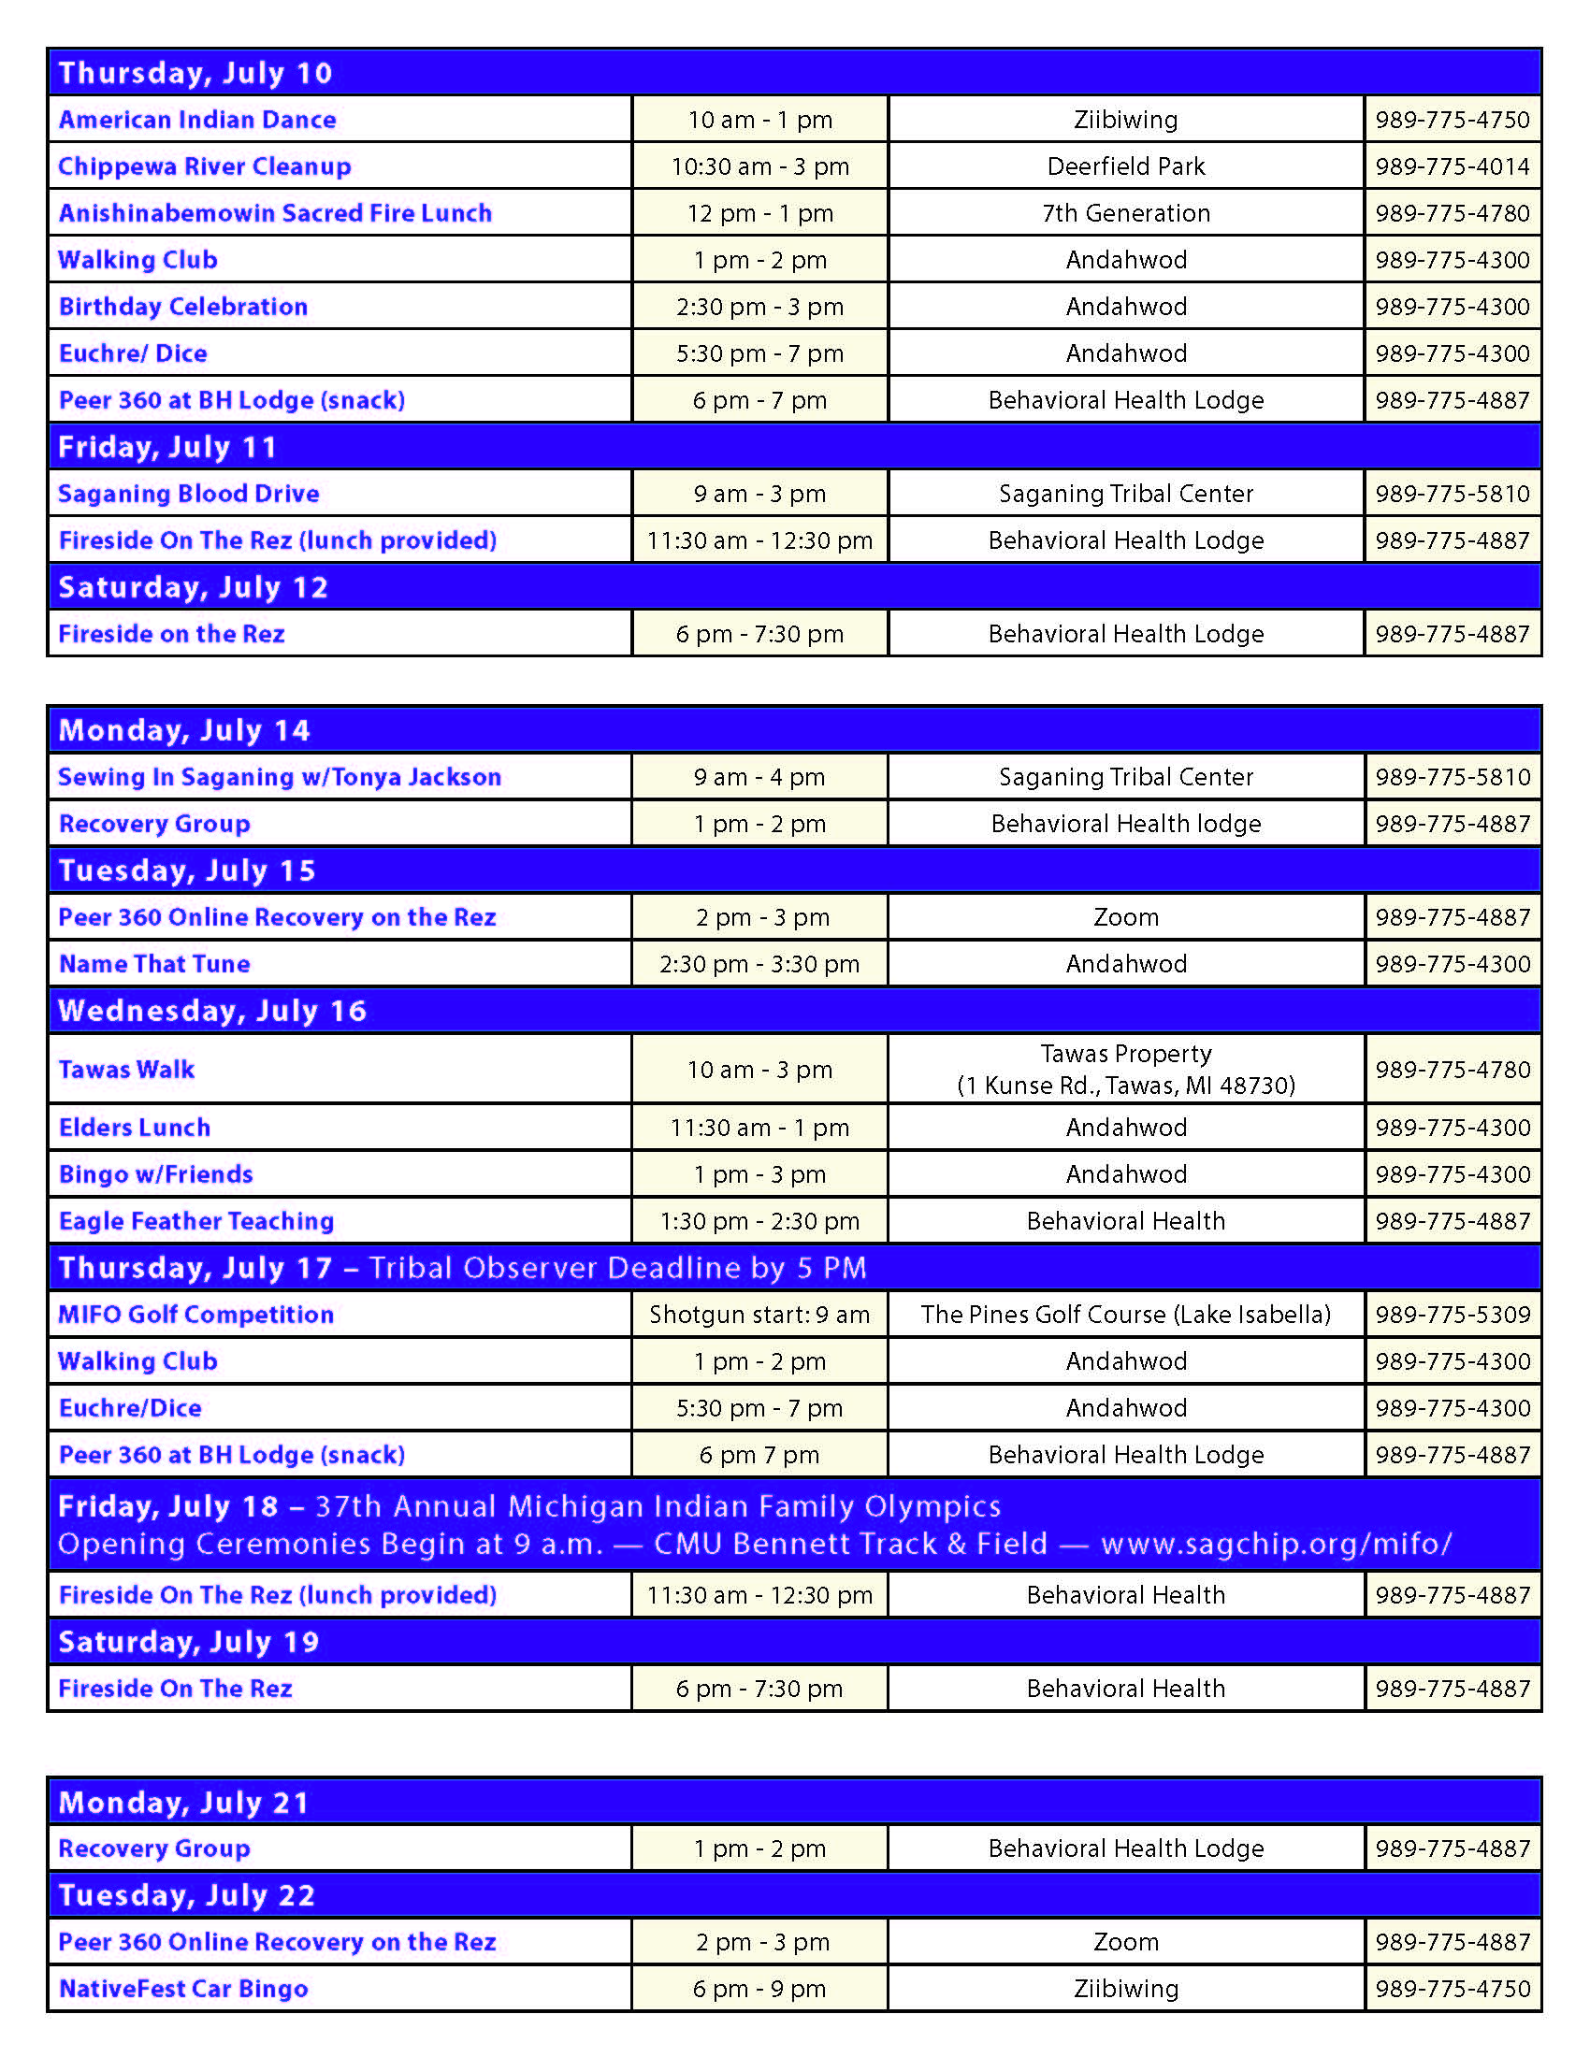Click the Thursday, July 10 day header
click(195, 73)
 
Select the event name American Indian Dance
click(196, 120)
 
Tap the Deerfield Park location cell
click(1125, 166)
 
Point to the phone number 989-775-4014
click(1452, 166)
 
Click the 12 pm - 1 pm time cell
click(759, 213)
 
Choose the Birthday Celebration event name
click(182, 307)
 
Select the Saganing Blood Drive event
click(188, 494)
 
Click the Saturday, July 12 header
click(193, 587)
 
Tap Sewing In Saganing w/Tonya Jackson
click(279, 777)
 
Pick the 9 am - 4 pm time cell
click(759, 777)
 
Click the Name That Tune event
click(154, 963)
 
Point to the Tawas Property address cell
click(1125, 1069)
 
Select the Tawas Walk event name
click(126, 1069)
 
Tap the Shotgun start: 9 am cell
click(759, 1314)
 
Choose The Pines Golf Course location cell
click(1125, 1314)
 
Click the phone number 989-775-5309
click(1452, 1314)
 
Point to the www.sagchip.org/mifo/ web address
click(1277, 1544)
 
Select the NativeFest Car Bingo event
click(182, 1988)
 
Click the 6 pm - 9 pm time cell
click(759, 1988)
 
